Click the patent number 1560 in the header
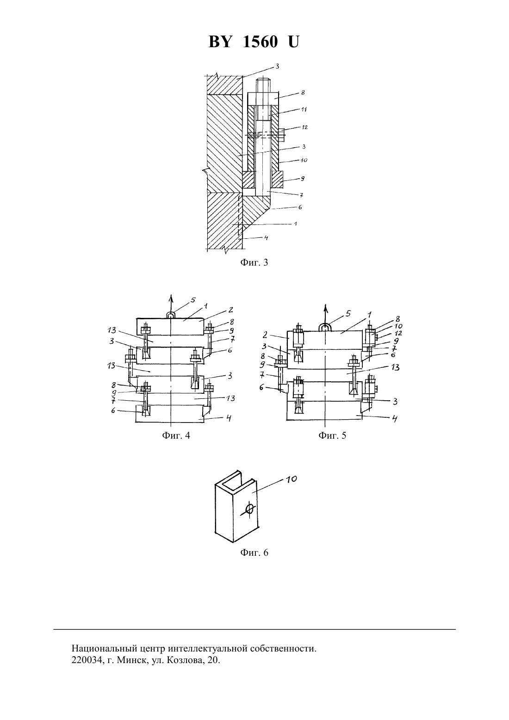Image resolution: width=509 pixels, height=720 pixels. (x=260, y=42)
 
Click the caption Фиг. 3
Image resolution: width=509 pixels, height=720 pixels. (x=254, y=263)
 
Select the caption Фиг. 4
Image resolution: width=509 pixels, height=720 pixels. (x=176, y=435)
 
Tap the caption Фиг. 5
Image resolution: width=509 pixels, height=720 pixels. (x=332, y=435)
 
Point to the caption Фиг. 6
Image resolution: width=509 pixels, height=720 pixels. (x=254, y=552)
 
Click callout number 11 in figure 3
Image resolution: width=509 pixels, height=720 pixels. (x=304, y=109)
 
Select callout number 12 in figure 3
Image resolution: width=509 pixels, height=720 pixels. (x=304, y=127)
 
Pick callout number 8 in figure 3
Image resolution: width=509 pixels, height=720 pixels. (x=303, y=93)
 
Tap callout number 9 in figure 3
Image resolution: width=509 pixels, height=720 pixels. (x=302, y=179)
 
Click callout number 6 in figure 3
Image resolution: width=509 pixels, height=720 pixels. (x=300, y=207)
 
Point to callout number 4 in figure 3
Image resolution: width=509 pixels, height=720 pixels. (x=266, y=238)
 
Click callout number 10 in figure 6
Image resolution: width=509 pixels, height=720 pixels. (x=292, y=479)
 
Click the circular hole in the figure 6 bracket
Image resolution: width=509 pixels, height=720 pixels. (x=250, y=509)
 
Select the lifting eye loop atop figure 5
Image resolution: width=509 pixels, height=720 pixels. (x=325, y=328)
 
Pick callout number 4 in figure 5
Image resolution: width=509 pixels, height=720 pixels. (x=395, y=418)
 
